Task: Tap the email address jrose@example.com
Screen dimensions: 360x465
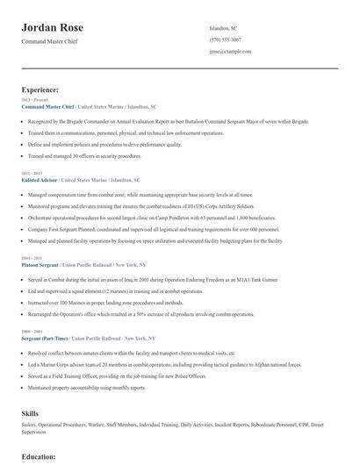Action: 231,53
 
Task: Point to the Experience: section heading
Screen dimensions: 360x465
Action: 40,89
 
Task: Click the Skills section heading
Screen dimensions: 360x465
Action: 30,412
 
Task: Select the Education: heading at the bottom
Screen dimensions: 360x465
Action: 39,457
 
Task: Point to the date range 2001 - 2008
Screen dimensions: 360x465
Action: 30,258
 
